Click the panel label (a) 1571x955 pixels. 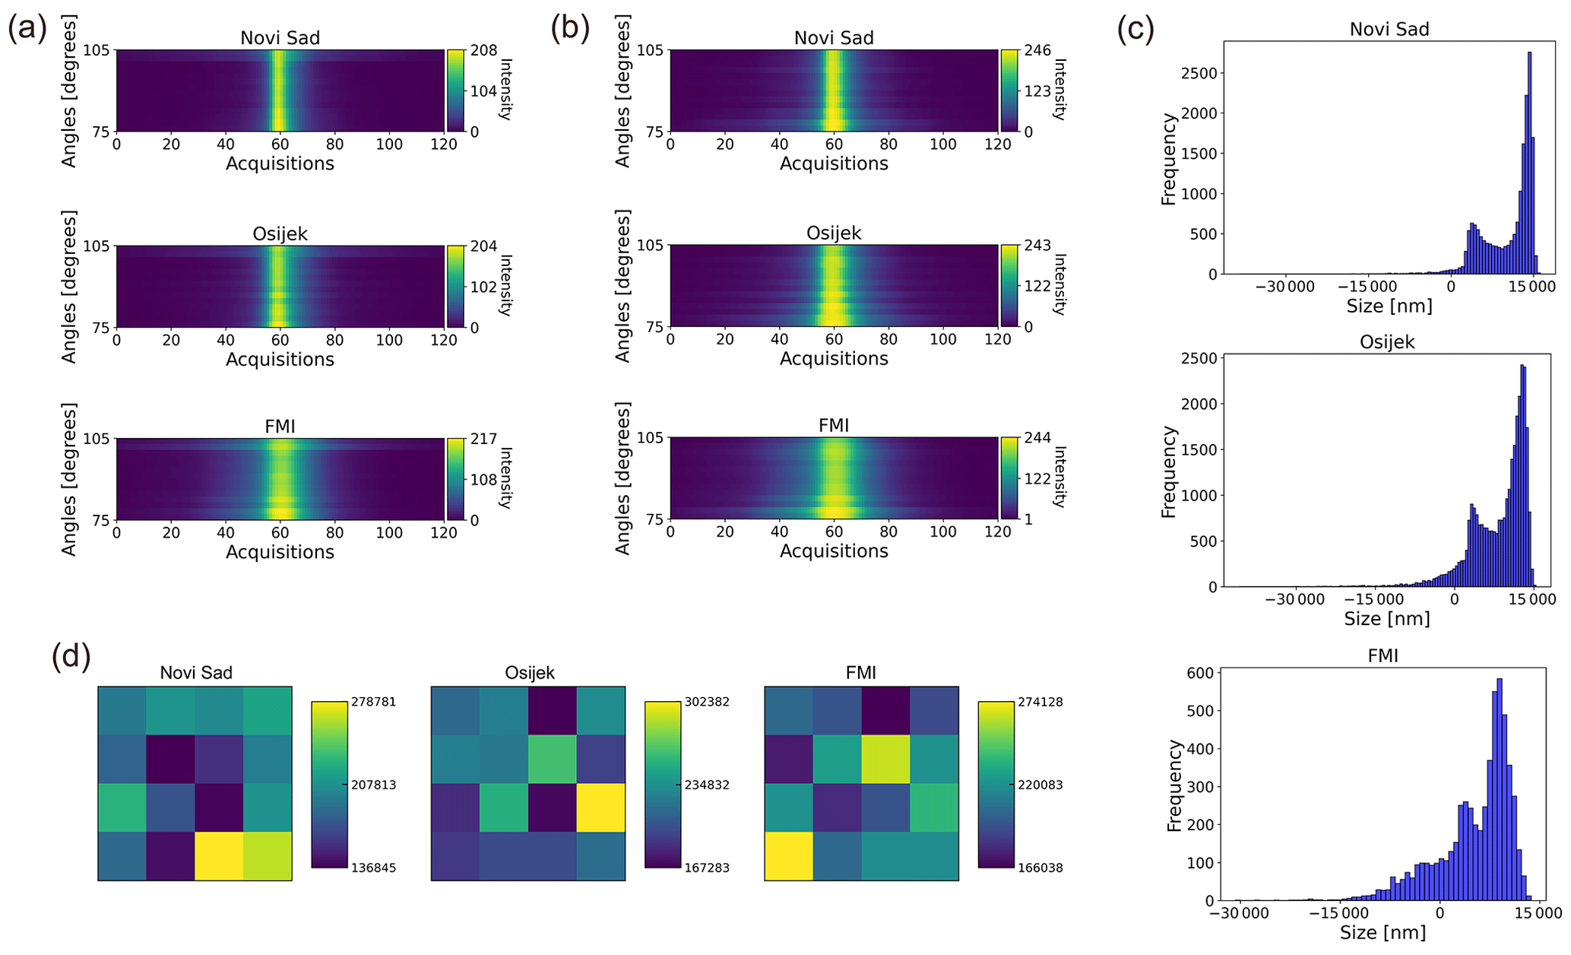tap(27, 28)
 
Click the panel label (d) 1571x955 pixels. tap(71, 655)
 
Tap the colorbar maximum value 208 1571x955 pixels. tap(483, 50)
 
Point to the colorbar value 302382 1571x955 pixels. tap(708, 702)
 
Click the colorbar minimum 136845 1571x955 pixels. tap(373, 868)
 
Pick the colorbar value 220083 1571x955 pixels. tap(1041, 785)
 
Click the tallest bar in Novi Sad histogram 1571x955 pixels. tap(1529, 163)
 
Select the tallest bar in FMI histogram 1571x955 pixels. tap(1499, 789)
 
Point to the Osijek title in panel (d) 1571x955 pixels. tap(529, 673)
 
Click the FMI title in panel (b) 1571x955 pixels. tap(833, 426)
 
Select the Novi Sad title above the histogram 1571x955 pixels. tap(1389, 30)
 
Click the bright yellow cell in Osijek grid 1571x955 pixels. tap(600, 807)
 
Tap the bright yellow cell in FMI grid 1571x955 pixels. tap(788, 856)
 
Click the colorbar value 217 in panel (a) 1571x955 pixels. tap(483, 439)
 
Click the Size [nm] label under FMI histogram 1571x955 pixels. tap(1383, 932)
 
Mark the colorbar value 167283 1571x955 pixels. tap(708, 868)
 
